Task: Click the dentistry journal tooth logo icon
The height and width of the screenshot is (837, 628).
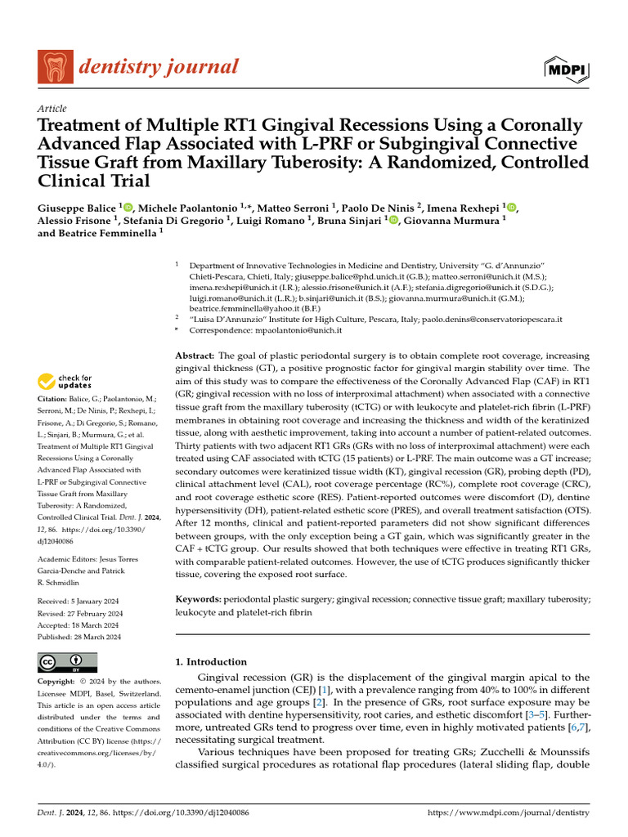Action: coord(55,67)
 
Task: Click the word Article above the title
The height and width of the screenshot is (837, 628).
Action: coord(52,109)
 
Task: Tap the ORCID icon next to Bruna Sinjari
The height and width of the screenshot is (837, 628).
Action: coord(392,220)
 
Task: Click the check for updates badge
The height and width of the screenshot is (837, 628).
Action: coord(66,382)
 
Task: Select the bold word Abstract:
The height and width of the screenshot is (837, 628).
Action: coord(195,356)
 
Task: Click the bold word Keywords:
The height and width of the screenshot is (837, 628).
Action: coord(200,599)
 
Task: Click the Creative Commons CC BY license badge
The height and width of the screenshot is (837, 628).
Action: coord(67,661)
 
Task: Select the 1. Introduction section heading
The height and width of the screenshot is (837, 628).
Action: coord(211,662)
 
